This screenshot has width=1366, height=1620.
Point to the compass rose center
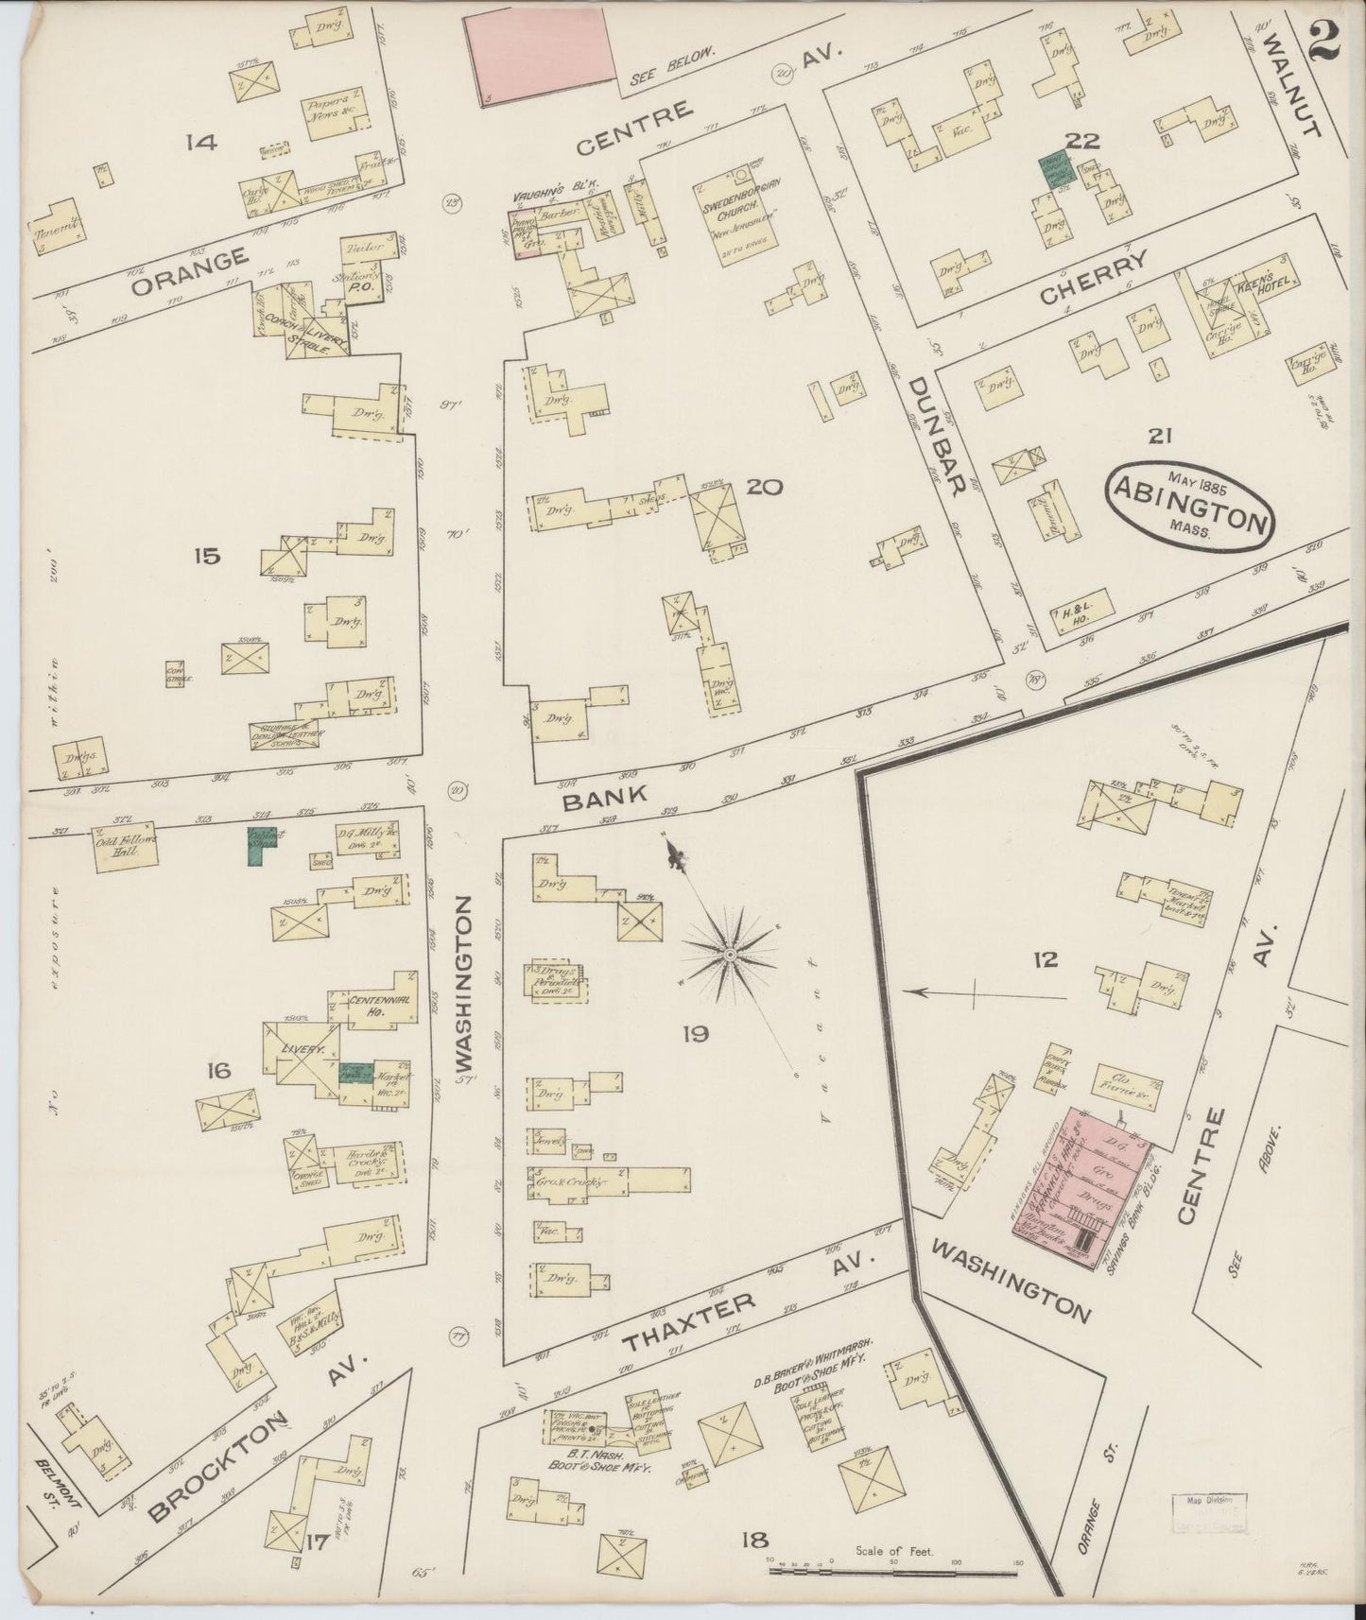(x=730, y=956)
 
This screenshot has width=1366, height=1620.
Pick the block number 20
(x=764, y=488)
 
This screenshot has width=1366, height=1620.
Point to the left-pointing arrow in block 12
(x=983, y=992)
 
